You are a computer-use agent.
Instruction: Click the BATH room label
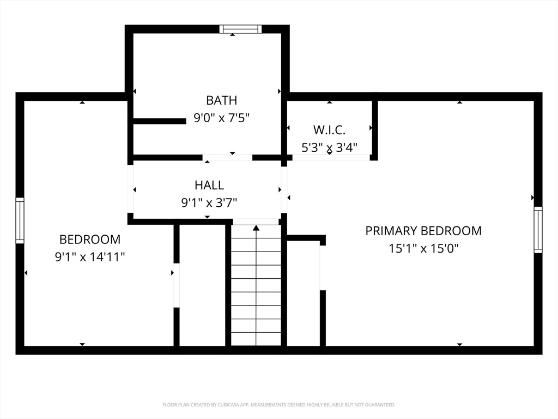221,100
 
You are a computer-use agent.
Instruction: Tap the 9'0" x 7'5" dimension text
221,118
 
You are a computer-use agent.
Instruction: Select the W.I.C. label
329,130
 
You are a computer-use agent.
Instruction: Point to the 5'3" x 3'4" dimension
329,147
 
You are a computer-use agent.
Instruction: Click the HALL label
209,185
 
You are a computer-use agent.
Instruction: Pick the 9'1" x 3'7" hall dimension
209,203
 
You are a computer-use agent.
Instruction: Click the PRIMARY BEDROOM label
423,231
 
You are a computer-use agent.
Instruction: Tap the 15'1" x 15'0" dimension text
423,248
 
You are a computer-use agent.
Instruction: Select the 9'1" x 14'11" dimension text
90,256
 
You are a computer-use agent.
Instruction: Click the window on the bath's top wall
240,29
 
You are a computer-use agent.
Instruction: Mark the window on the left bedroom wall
20,220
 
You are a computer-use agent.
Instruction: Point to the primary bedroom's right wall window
538,230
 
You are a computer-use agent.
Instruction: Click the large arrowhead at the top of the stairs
256,228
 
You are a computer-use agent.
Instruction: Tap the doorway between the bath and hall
227,158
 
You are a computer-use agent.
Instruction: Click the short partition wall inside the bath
160,121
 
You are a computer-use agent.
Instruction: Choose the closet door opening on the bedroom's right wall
176,285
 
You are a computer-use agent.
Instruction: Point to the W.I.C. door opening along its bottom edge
331,158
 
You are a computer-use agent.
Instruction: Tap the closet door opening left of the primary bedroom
323,268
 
